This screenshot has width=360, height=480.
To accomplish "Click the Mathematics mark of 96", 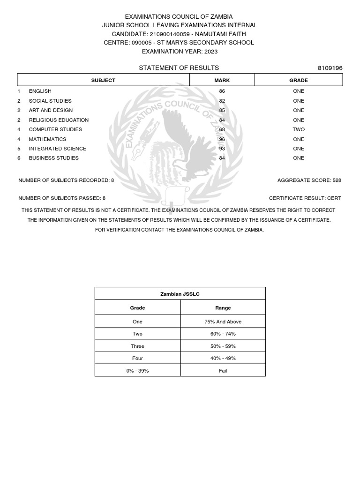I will (222, 139).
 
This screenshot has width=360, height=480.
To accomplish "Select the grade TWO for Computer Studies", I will (299, 129).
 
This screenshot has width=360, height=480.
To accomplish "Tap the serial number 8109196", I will (330, 68).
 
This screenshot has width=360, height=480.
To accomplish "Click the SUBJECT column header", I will (103, 80).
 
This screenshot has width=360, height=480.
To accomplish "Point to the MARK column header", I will (222, 80).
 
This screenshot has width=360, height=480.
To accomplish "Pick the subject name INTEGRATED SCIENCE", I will (58, 149).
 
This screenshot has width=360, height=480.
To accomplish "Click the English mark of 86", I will (222, 91).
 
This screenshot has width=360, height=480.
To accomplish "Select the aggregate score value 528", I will (337, 180).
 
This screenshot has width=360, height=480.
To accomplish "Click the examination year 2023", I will (210, 51).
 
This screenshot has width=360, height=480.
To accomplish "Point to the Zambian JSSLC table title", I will (180, 294).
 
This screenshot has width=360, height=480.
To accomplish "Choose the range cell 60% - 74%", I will (223, 334).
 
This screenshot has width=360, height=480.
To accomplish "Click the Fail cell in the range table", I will (223, 370).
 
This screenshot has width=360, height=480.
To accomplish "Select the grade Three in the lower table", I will (137, 346).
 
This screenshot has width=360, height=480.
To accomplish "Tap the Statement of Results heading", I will (179, 68).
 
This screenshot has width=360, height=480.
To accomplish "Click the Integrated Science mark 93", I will (222, 149).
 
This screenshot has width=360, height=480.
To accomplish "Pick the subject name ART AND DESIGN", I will (51, 110).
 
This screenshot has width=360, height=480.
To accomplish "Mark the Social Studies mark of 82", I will (222, 101).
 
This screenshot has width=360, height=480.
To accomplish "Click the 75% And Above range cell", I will (223, 322).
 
